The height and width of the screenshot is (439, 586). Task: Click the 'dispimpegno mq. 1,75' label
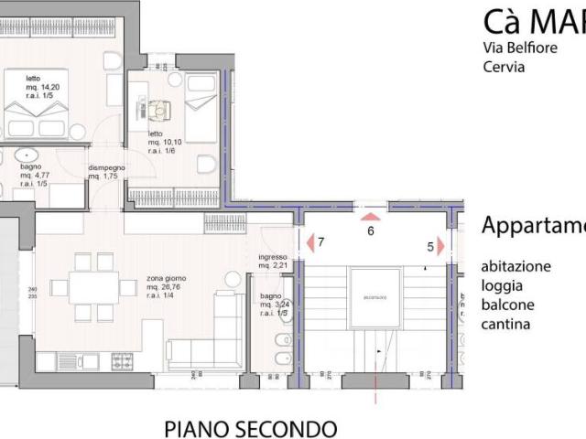[108, 172]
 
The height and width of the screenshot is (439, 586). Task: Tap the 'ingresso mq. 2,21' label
[274, 262]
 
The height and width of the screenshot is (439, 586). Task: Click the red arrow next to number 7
[309, 242]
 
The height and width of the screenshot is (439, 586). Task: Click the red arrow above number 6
[370, 217]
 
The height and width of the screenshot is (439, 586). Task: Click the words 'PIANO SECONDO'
[250, 427]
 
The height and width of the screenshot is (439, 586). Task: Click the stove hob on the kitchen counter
[123, 361]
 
